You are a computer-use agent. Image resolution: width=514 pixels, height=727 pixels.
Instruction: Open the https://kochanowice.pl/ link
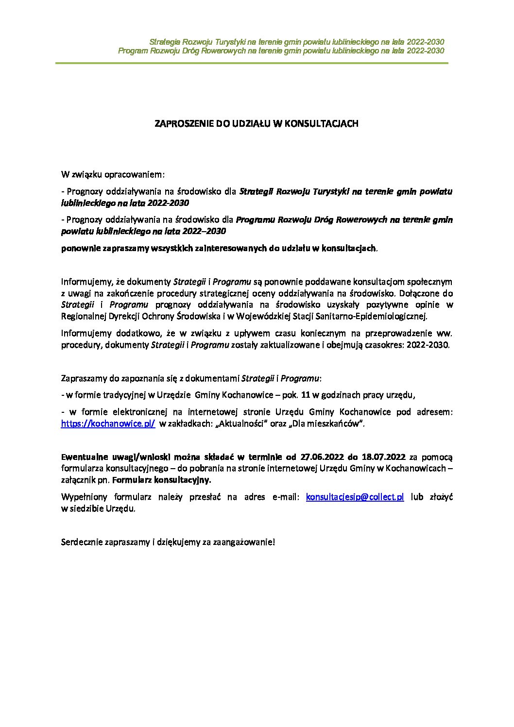(108, 423)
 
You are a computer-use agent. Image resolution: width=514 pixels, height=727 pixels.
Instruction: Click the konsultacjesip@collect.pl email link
(355, 497)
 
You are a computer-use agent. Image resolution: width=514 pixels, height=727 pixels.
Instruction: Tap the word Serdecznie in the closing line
(82, 542)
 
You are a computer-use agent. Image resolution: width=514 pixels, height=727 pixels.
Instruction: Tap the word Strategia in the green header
(165, 42)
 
